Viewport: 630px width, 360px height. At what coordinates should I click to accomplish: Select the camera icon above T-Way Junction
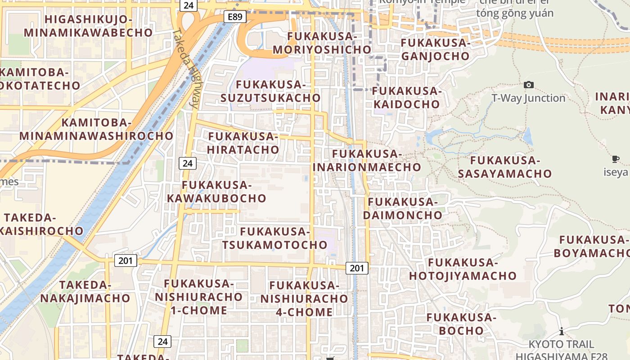pos(529,85)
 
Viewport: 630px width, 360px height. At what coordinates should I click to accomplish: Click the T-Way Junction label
pos(528,98)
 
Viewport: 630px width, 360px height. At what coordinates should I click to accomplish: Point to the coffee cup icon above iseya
pos(615,159)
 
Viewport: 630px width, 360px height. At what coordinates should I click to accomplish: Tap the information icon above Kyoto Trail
pos(561,332)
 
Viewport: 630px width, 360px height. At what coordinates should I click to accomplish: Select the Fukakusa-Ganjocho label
pos(435,49)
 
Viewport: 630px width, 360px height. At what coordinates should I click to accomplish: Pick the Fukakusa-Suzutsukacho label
pos(271,91)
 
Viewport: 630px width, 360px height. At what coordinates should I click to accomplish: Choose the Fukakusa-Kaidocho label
pos(407,98)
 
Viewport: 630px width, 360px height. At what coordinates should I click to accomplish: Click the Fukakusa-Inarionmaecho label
pos(367,161)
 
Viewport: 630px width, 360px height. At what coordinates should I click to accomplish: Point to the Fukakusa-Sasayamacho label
pos(505,167)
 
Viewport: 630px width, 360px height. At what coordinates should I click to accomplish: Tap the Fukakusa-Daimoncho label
pos(403,208)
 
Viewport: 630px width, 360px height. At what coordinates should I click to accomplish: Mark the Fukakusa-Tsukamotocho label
pos(275,238)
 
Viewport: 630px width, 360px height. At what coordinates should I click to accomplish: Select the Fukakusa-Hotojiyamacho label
pos(463,269)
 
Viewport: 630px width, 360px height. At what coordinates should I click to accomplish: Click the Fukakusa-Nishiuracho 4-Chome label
pos(304,299)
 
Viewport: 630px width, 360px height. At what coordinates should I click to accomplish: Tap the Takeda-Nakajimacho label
pos(85,292)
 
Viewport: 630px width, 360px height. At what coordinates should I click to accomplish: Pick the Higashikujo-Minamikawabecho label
pos(88,26)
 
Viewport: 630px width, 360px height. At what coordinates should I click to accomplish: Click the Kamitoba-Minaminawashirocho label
pos(96,129)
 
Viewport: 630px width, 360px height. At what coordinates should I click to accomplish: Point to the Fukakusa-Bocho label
pos(461,324)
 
